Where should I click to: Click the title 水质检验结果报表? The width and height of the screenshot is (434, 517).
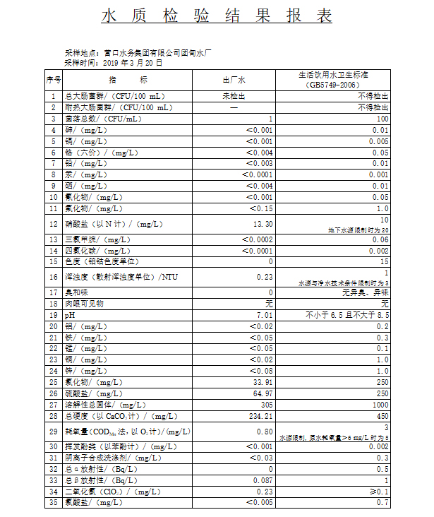point(217,16)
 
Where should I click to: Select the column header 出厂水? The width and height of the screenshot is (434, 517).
point(234,80)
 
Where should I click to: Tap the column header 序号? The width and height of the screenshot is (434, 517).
point(54,80)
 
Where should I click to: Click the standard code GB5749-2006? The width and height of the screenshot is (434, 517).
point(344,85)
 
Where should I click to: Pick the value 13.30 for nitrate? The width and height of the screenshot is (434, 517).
point(263,225)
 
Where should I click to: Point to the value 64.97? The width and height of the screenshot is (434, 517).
point(263,393)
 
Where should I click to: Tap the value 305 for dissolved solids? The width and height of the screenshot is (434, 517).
point(266,405)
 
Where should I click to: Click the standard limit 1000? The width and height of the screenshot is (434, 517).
point(380,405)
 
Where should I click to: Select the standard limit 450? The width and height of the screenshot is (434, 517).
point(382,416)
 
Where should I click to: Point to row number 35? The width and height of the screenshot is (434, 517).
point(54,502)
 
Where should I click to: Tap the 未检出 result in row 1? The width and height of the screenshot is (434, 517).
point(234,96)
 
